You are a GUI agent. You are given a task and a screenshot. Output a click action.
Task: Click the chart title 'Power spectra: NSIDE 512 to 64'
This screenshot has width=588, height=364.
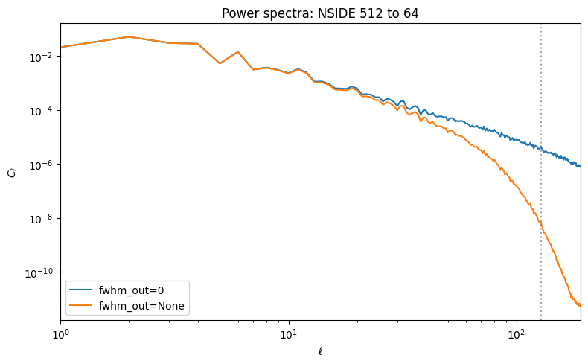(x=320, y=13)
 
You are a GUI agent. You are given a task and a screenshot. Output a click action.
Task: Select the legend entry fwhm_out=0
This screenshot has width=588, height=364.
(x=131, y=290)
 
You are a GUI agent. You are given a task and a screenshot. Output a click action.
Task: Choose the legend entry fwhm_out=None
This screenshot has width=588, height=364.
(x=141, y=306)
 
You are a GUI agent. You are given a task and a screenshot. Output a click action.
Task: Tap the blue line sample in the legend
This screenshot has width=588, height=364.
(x=80, y=290)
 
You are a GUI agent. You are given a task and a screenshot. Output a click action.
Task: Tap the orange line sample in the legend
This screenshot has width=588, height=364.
(x=80, y=305)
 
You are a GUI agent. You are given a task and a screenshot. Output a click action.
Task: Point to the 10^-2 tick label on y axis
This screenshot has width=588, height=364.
(x=44, y=57)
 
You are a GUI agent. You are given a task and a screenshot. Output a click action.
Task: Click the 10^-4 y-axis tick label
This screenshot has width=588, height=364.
(x=44, y=112)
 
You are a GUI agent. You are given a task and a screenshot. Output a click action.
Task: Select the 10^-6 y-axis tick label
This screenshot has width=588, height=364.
(x=44, y=165)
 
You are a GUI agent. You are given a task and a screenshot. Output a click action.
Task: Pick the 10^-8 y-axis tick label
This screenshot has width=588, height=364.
(x=44, y=219)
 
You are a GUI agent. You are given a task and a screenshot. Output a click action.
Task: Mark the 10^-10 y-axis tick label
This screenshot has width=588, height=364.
(x=42, y=273)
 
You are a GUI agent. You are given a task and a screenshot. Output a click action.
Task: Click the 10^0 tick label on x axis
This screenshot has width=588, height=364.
(x=61, y=334)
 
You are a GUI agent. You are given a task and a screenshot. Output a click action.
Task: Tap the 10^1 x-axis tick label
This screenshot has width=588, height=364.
(x=289, y=334)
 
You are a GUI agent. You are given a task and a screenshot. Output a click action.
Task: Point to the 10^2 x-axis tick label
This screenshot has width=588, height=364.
(x=517, y=334)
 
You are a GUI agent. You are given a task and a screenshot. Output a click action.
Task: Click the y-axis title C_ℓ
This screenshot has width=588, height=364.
(x=13, y=173)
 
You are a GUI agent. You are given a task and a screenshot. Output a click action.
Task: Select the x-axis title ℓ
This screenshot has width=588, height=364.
(x=320, y=351)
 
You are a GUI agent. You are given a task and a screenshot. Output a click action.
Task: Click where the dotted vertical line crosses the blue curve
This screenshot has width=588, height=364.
(x=541, y=149)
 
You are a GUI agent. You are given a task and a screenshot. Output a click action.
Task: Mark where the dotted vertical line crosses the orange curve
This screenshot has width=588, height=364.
(x=541, y=223)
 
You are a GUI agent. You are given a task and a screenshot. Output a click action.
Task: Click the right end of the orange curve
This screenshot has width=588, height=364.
(x=581, y=307)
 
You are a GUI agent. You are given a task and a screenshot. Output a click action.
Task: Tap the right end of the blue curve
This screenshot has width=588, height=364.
(x=581, y=167)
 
